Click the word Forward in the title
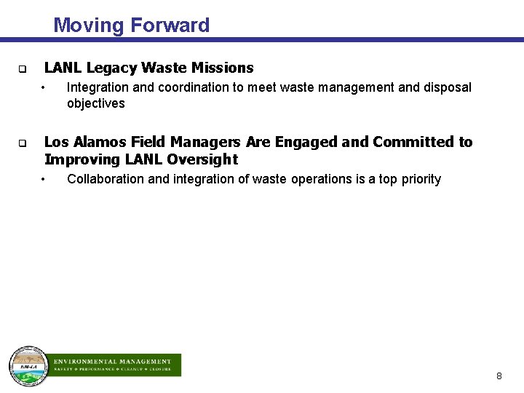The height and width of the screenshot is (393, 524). tap(170, 25)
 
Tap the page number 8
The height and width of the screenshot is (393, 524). tap(499, 376)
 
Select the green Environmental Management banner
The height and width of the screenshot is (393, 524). tap(116, 365)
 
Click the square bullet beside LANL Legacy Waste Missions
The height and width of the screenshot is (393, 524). tap(23, 70)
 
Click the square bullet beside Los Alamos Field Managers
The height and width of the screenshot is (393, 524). tap(23, 143)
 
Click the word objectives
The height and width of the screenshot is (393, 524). tap(95, 103)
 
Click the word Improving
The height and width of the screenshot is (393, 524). tap(80, 159)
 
